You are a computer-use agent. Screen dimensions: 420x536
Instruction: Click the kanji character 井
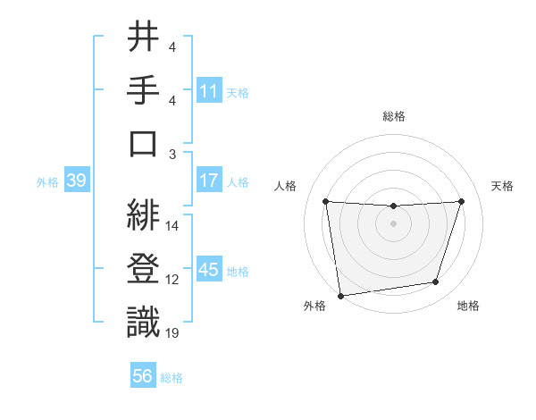pyautogui.click(x=143, y=38)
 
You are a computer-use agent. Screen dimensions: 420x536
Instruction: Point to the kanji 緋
pyautogui.click(x=143, y=215)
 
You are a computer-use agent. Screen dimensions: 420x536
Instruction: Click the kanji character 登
pyautogui.click(x=143, y=268)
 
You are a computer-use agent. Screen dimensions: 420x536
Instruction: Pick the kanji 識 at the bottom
pyautogui.click(x=143, y=321)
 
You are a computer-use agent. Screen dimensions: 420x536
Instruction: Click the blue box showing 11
pyautogui.click(x=209, y=90)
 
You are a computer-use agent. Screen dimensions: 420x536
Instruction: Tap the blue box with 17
pyautogui.click(x=209, y=181)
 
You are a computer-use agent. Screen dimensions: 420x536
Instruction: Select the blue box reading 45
pyautogui.click(x=209, y=270)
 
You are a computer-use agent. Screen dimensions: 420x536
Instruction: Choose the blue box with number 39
pyautogui.click(x=76, y=181)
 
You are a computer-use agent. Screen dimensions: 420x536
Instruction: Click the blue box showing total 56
pyautogui.click(x=143, y=376)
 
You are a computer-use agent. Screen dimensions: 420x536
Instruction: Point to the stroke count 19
pyautogui.click(x=172, y=333)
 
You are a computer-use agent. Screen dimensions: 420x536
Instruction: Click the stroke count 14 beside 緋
pyautogui.click(x=172, y=226)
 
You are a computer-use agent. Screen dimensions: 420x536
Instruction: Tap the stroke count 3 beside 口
pyautogui.click(x=172, y=155)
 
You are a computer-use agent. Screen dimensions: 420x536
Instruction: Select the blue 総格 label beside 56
pyautogui.click(x=172, y=378)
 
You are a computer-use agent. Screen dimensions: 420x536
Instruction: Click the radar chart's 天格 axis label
pyautogui.click(x=502, y=186)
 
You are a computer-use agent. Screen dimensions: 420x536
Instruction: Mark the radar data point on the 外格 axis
pyautogui.click(x=339, y=295)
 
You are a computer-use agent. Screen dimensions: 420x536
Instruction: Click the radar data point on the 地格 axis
pyautogui.click(x=436, y=282)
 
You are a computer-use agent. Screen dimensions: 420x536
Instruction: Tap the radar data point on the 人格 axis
pyautogui.click(x=325, y=201)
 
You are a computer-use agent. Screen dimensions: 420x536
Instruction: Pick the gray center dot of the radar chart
pyautogui.click(x=393, y=223)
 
